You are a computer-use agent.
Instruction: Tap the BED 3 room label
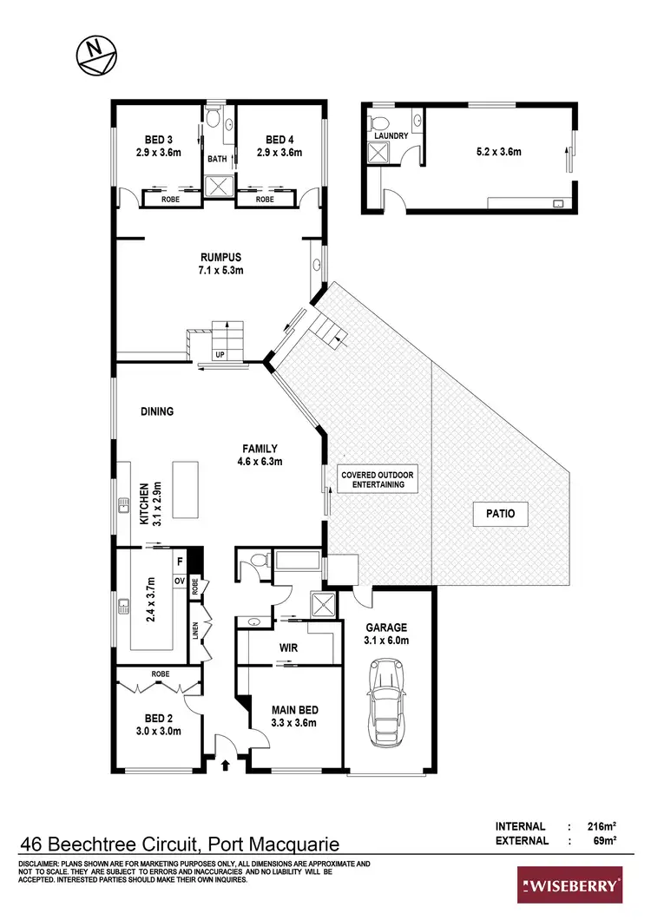click(158, 146)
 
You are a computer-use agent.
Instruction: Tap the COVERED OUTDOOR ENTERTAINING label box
click(378, 479)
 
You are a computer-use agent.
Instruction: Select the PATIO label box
click(500, 514)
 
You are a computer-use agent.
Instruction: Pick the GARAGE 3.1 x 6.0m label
click(386, 634)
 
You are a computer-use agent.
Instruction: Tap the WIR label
click(289, 647)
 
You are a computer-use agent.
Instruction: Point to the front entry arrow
click(227, 765)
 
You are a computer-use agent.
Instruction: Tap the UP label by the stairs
click(219, 356)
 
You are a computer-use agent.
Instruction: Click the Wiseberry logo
click(569, 886)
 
